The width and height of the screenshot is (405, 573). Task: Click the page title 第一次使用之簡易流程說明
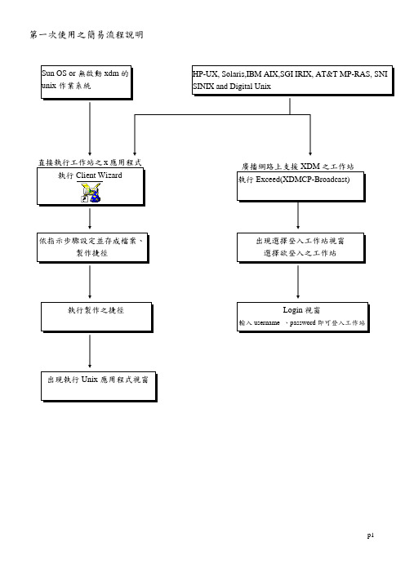(87, 35)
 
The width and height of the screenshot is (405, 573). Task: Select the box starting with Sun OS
(87, 82)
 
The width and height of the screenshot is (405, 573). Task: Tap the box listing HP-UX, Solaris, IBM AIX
(293, 81)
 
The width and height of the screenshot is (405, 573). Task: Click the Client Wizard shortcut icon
(91, 193)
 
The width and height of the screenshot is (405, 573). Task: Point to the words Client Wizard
(99, 175)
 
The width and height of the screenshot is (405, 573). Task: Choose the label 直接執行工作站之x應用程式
(90, 162)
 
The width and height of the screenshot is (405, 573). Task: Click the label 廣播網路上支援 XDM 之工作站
(297, 167)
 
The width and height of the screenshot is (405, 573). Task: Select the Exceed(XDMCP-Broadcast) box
(301, 187)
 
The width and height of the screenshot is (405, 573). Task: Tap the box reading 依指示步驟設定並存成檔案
(93, 248)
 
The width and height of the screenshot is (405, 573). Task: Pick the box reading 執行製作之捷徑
(96, 318)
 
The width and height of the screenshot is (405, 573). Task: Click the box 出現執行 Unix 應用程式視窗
(99, 387)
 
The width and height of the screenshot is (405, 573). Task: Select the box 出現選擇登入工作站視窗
(301, 248)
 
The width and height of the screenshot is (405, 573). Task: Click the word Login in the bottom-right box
(293, 310)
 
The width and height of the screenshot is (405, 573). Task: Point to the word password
(302, 323)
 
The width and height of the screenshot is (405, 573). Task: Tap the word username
(267, 323)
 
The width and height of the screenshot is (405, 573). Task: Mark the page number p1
(371, 535)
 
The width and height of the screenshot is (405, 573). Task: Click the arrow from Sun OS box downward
(90, 129)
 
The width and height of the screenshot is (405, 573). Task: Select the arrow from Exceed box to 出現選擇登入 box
(298, 215)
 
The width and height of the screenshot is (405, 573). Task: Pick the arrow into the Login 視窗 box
(298, 282)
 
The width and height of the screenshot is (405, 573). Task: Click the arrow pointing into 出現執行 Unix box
(90, 351)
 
